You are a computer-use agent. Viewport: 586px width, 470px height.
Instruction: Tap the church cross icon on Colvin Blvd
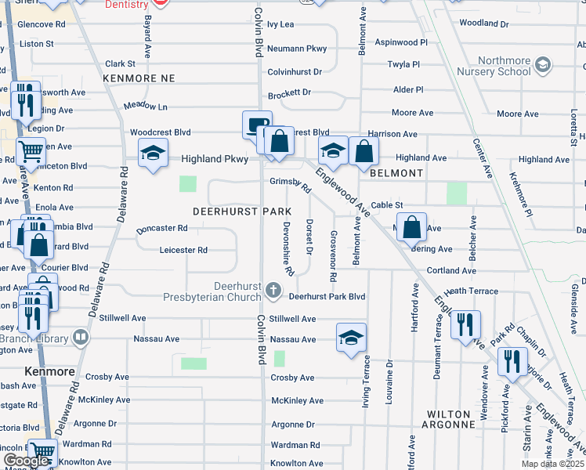pyautogui.click(x=273, y=291)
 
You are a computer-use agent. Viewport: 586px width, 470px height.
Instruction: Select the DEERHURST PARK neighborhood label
pyautogui.click(x=242, y=212)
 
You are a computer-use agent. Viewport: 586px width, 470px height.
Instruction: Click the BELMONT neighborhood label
pyautogui.click(x=396, y=173)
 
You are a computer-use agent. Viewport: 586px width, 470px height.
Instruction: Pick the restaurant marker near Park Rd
pyautogui.click(x=465, y=324)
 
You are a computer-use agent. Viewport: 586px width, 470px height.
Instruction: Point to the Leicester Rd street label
pyautogui.click(x=183, y=251)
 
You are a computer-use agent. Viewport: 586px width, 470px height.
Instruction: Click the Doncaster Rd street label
pyautogui.click(x=162, y=229)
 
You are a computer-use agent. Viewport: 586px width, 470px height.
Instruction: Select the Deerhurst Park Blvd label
pyautogui.click(x=327, y=297)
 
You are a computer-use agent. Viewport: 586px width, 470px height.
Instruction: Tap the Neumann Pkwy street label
pyautogui.click(x=297, y=49)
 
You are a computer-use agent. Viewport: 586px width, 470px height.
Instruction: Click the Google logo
pyautogui.click(x=26, y=461)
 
